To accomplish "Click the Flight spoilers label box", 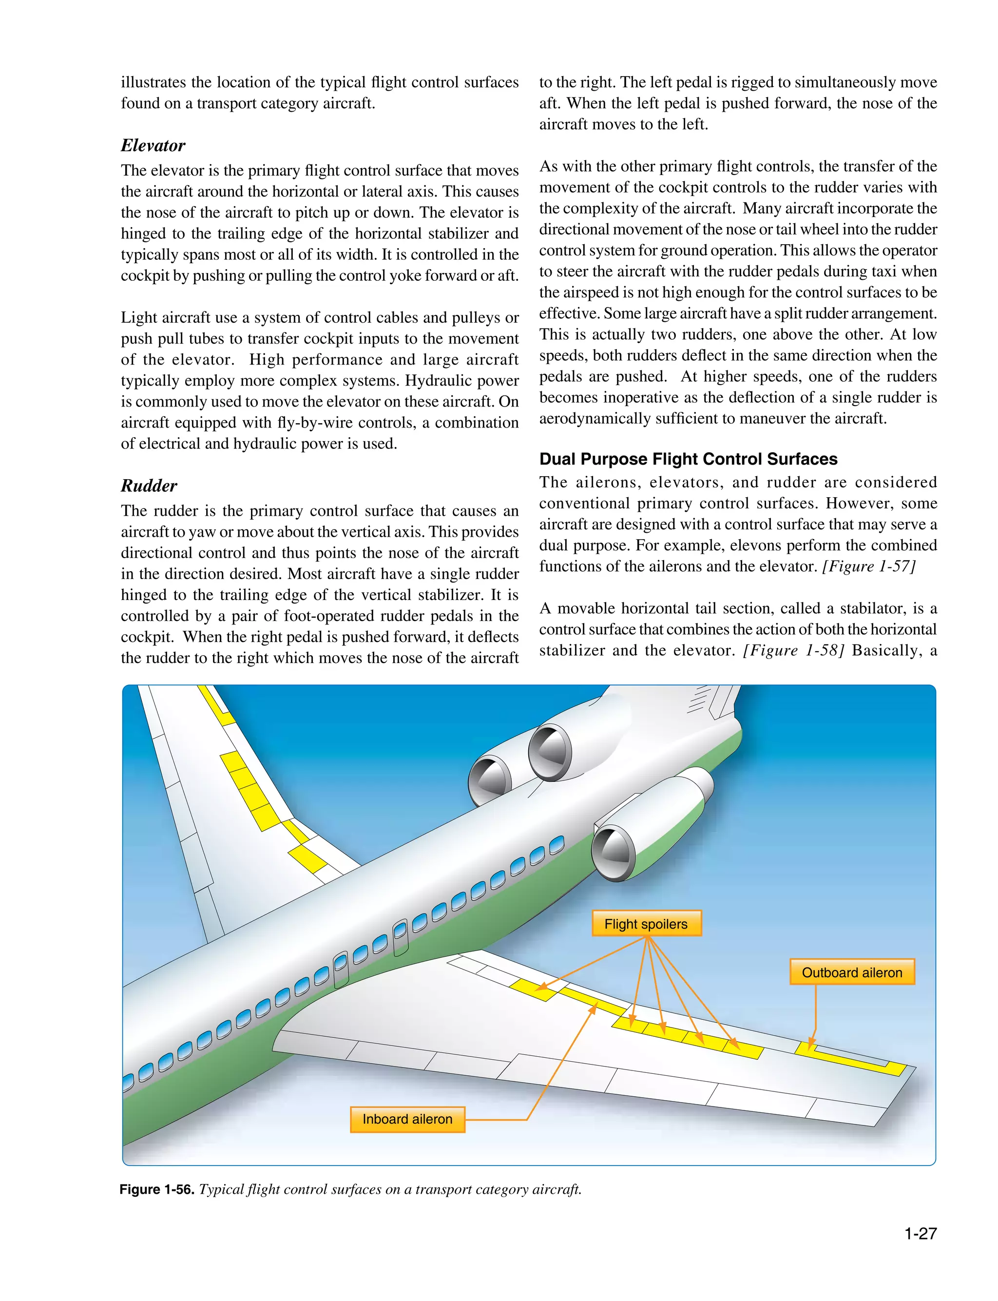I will tap(646, 924).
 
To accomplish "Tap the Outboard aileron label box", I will tap(851, 972).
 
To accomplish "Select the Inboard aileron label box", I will tap(407, 1119).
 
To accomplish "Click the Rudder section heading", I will tap(149, 486).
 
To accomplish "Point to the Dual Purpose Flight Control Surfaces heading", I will tap(688, 459).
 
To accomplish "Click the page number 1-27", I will tap(920, 1234).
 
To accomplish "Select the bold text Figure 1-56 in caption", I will tap(157, 1189).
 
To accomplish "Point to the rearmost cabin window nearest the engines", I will tap(557, 844).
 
